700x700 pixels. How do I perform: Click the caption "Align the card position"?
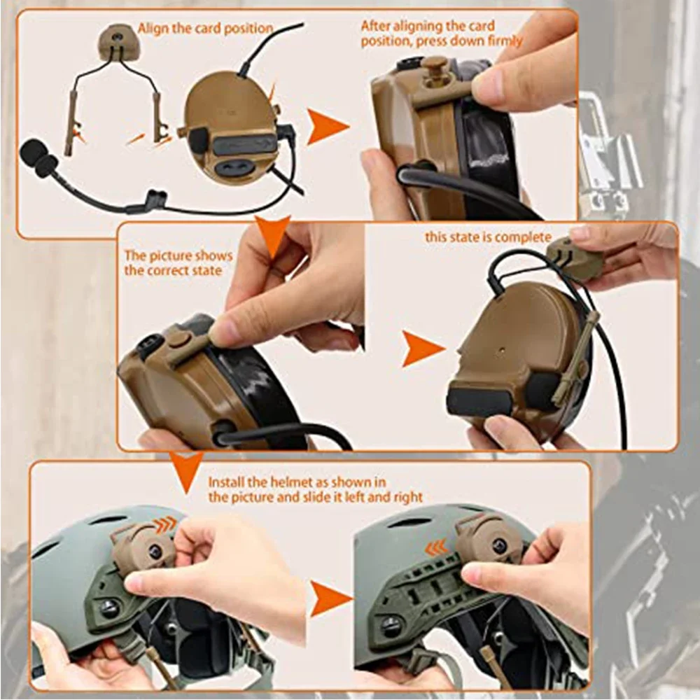pos(205,29)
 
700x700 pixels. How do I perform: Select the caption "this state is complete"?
pos(488,237)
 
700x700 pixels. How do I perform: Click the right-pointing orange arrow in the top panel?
pos(327,127)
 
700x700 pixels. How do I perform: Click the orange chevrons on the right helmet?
pos(436,547)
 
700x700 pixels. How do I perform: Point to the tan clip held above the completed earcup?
pos(574,258)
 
